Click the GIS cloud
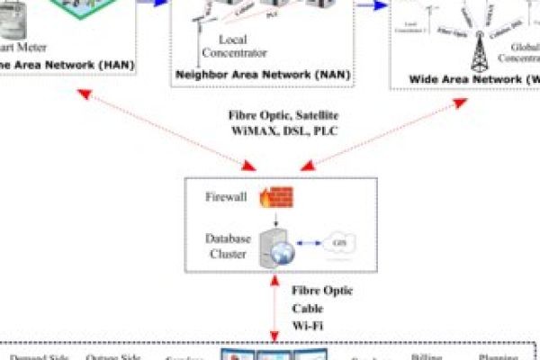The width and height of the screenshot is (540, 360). coord(339,245)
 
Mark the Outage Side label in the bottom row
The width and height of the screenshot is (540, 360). coord(112,356)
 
